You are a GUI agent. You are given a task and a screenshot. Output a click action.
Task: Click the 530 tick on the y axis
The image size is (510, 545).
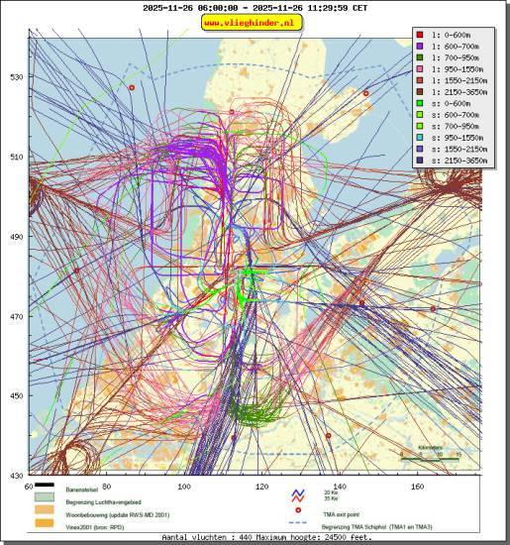coord(16,76)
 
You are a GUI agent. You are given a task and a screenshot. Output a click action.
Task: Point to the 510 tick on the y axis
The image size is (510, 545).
coord(16,157)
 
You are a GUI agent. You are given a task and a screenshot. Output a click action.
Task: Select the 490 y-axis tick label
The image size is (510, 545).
coord(16,237)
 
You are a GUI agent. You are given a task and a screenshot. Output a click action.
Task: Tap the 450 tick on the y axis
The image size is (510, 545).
coord(16,396)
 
